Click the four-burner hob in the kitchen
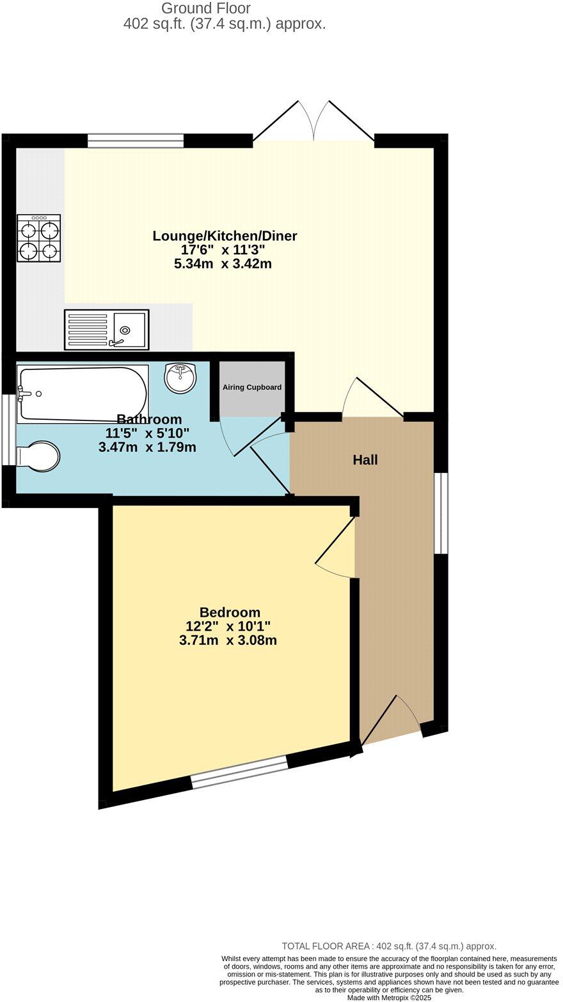[x=39, y=238]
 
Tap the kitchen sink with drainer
[x=106, y=330]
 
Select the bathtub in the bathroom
[x=83, y=394]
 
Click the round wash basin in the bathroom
[x=180, y=378]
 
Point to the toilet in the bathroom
[x=38, y=456]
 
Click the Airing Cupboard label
[x=252, y=387]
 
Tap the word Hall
[x=365, y=459]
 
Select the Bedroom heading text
[x=230, y=612]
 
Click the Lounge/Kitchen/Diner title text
[x=225, y=236]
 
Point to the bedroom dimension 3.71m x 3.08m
[x=228, y=640]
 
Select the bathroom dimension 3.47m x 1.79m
[x=147, y=447]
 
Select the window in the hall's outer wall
[x=441, y=513]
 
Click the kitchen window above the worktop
[x=136, y=141]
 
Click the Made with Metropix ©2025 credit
[x=389, y=998]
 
